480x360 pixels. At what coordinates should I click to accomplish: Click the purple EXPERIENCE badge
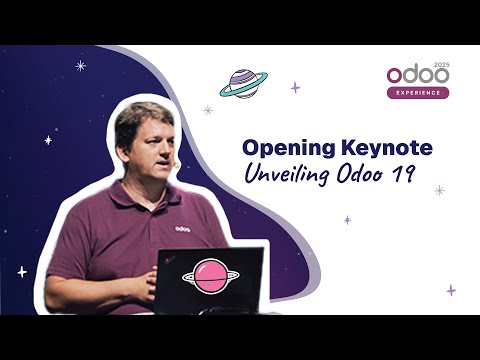[x=417, y=93]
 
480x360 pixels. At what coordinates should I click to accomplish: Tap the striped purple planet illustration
[x=242, y=84]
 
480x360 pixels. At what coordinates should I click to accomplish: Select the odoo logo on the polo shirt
[x=182, y=228]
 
